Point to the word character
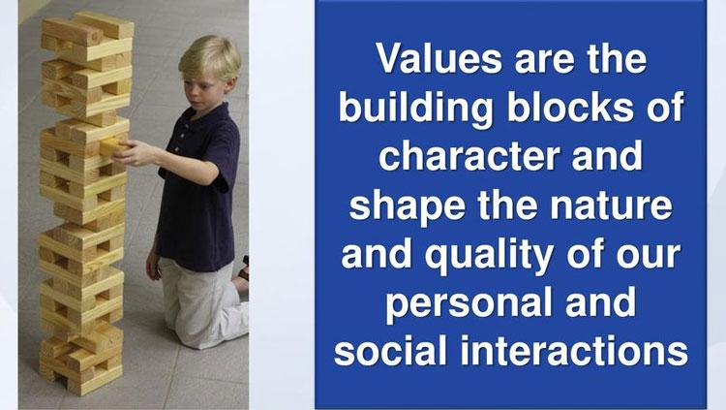[x=469, y=156]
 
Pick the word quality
[x=489, y=255]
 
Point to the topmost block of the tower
[x=103, y=24]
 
